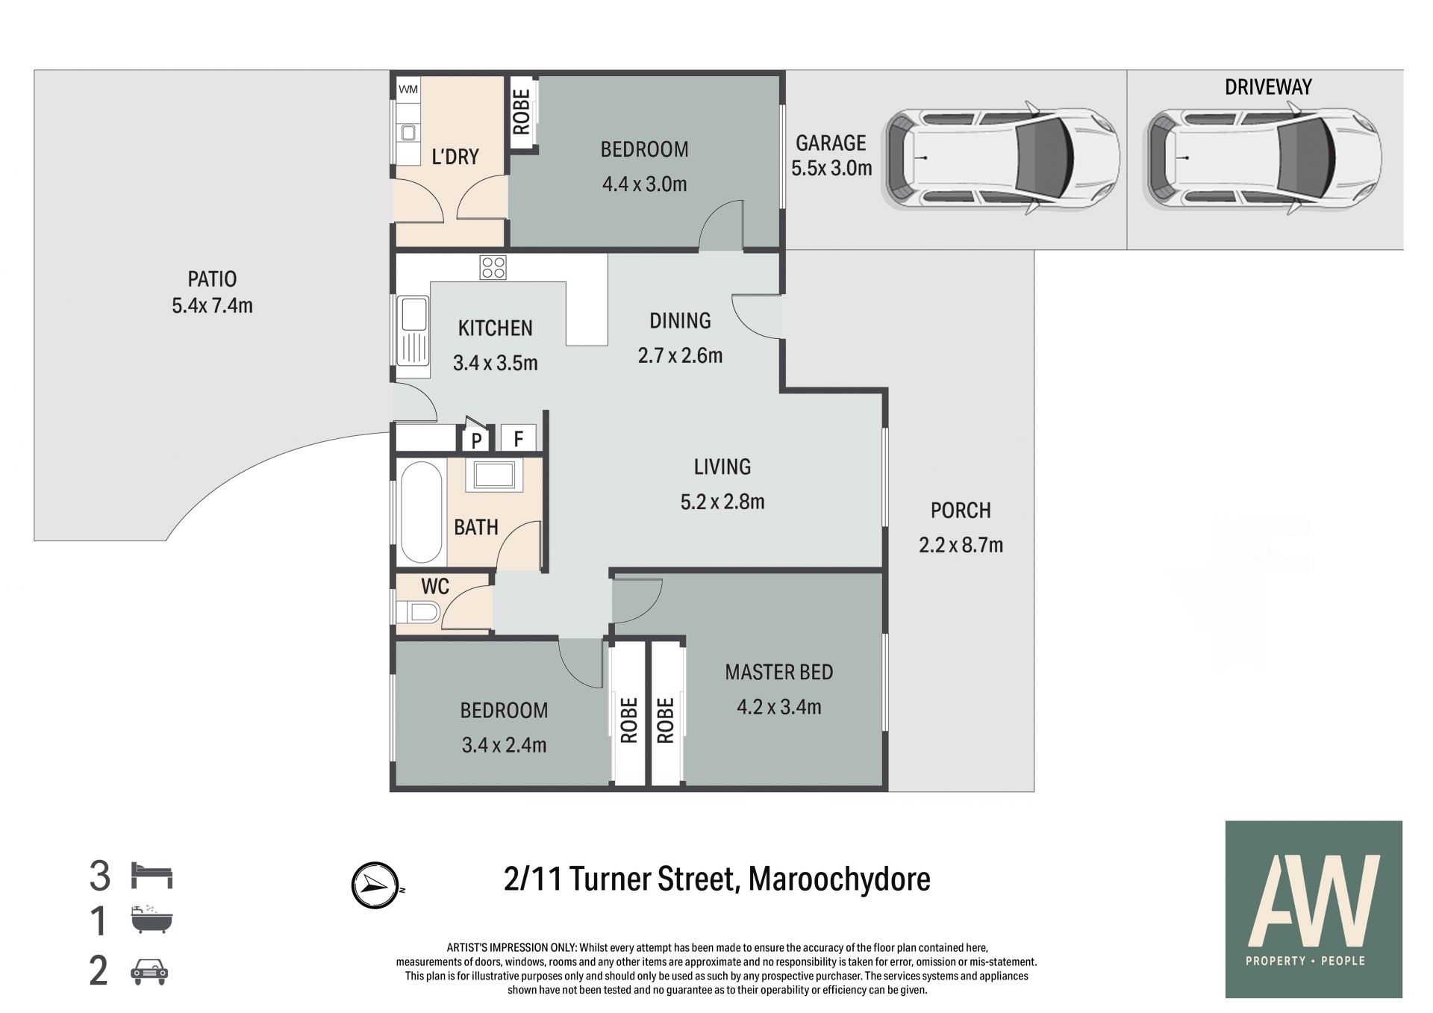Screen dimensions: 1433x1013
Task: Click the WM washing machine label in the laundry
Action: tap(408, 90)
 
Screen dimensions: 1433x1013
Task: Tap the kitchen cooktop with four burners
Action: tap(493, 267)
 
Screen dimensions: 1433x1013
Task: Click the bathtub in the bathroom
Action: tap(421, 513)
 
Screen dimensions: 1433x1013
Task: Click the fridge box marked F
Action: tap(518, 437)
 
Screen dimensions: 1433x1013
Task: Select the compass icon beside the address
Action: tap(374, 885)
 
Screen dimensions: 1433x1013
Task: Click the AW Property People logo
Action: tap(1314, 909)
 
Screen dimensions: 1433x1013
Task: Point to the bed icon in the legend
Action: tap(152, 875)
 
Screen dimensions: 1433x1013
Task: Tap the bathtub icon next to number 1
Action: tap(152, 920)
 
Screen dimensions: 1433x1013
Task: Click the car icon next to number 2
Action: tap(150, 971)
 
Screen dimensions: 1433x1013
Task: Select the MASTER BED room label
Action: tap(779, 672)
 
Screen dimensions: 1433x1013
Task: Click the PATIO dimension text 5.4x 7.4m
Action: tap(213, 306)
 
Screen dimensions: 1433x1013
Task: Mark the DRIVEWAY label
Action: tap(1268, 87)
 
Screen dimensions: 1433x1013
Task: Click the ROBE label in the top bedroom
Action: tap(521, 112)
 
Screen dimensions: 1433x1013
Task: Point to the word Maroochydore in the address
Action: tap(839, 879)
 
